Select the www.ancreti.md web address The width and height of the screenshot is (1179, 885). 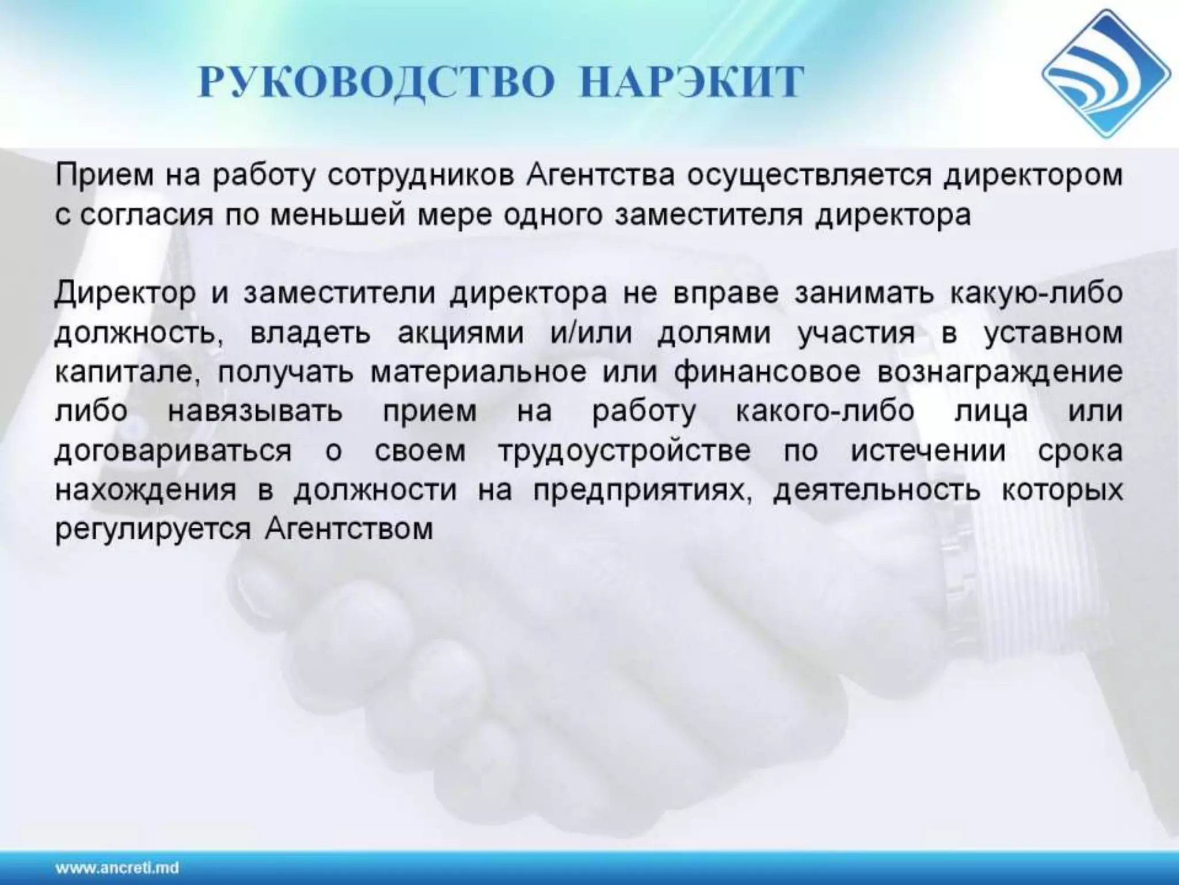click(x=117, y=868)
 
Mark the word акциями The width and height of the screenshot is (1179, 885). click(x=461, y=334)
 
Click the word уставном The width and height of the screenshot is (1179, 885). click(x=1054, y=334)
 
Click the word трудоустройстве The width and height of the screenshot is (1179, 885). click(x=625, y=451)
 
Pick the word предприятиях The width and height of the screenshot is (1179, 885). click(x=642, y=490)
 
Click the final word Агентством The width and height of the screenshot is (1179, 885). click(x=349, y=528)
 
